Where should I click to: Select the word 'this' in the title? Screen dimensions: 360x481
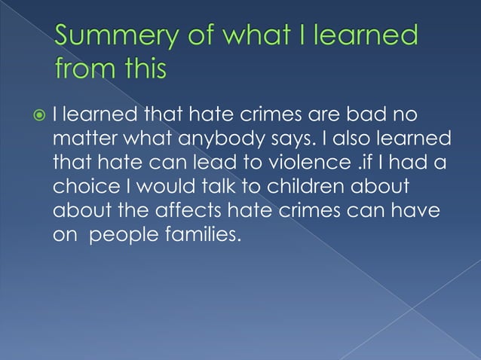(x=143, y=69)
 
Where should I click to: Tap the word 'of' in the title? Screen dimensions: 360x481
(x=201, y=36)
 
